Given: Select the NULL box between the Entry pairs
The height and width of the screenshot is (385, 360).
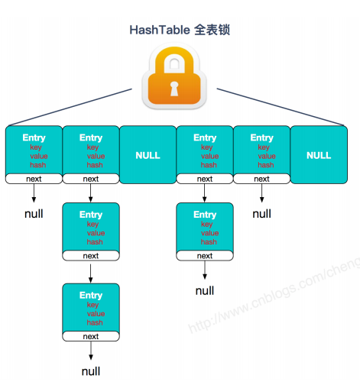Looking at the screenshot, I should (x=148, y=155).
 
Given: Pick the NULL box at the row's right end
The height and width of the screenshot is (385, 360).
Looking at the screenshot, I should (x=319, y=155).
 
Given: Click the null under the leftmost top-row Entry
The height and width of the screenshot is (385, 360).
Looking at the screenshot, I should (x=34, y=214).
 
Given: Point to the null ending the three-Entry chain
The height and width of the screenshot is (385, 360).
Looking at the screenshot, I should (x=91, y=371).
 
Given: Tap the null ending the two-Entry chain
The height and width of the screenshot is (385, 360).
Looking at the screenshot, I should (x=205, y=290).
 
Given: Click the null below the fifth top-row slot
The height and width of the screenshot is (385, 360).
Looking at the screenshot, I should (x=262, y=214).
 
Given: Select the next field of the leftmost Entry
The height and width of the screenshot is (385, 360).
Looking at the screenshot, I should (x=34, y=179).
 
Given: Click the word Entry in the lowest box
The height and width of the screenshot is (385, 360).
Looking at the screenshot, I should (x=91, y=296).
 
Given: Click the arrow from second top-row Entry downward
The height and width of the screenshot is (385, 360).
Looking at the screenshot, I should (x=91, y=193).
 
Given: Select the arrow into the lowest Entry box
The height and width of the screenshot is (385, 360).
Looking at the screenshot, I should (x=91, y=272).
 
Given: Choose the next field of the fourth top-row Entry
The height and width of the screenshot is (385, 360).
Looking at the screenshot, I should (x=205, y=179).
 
